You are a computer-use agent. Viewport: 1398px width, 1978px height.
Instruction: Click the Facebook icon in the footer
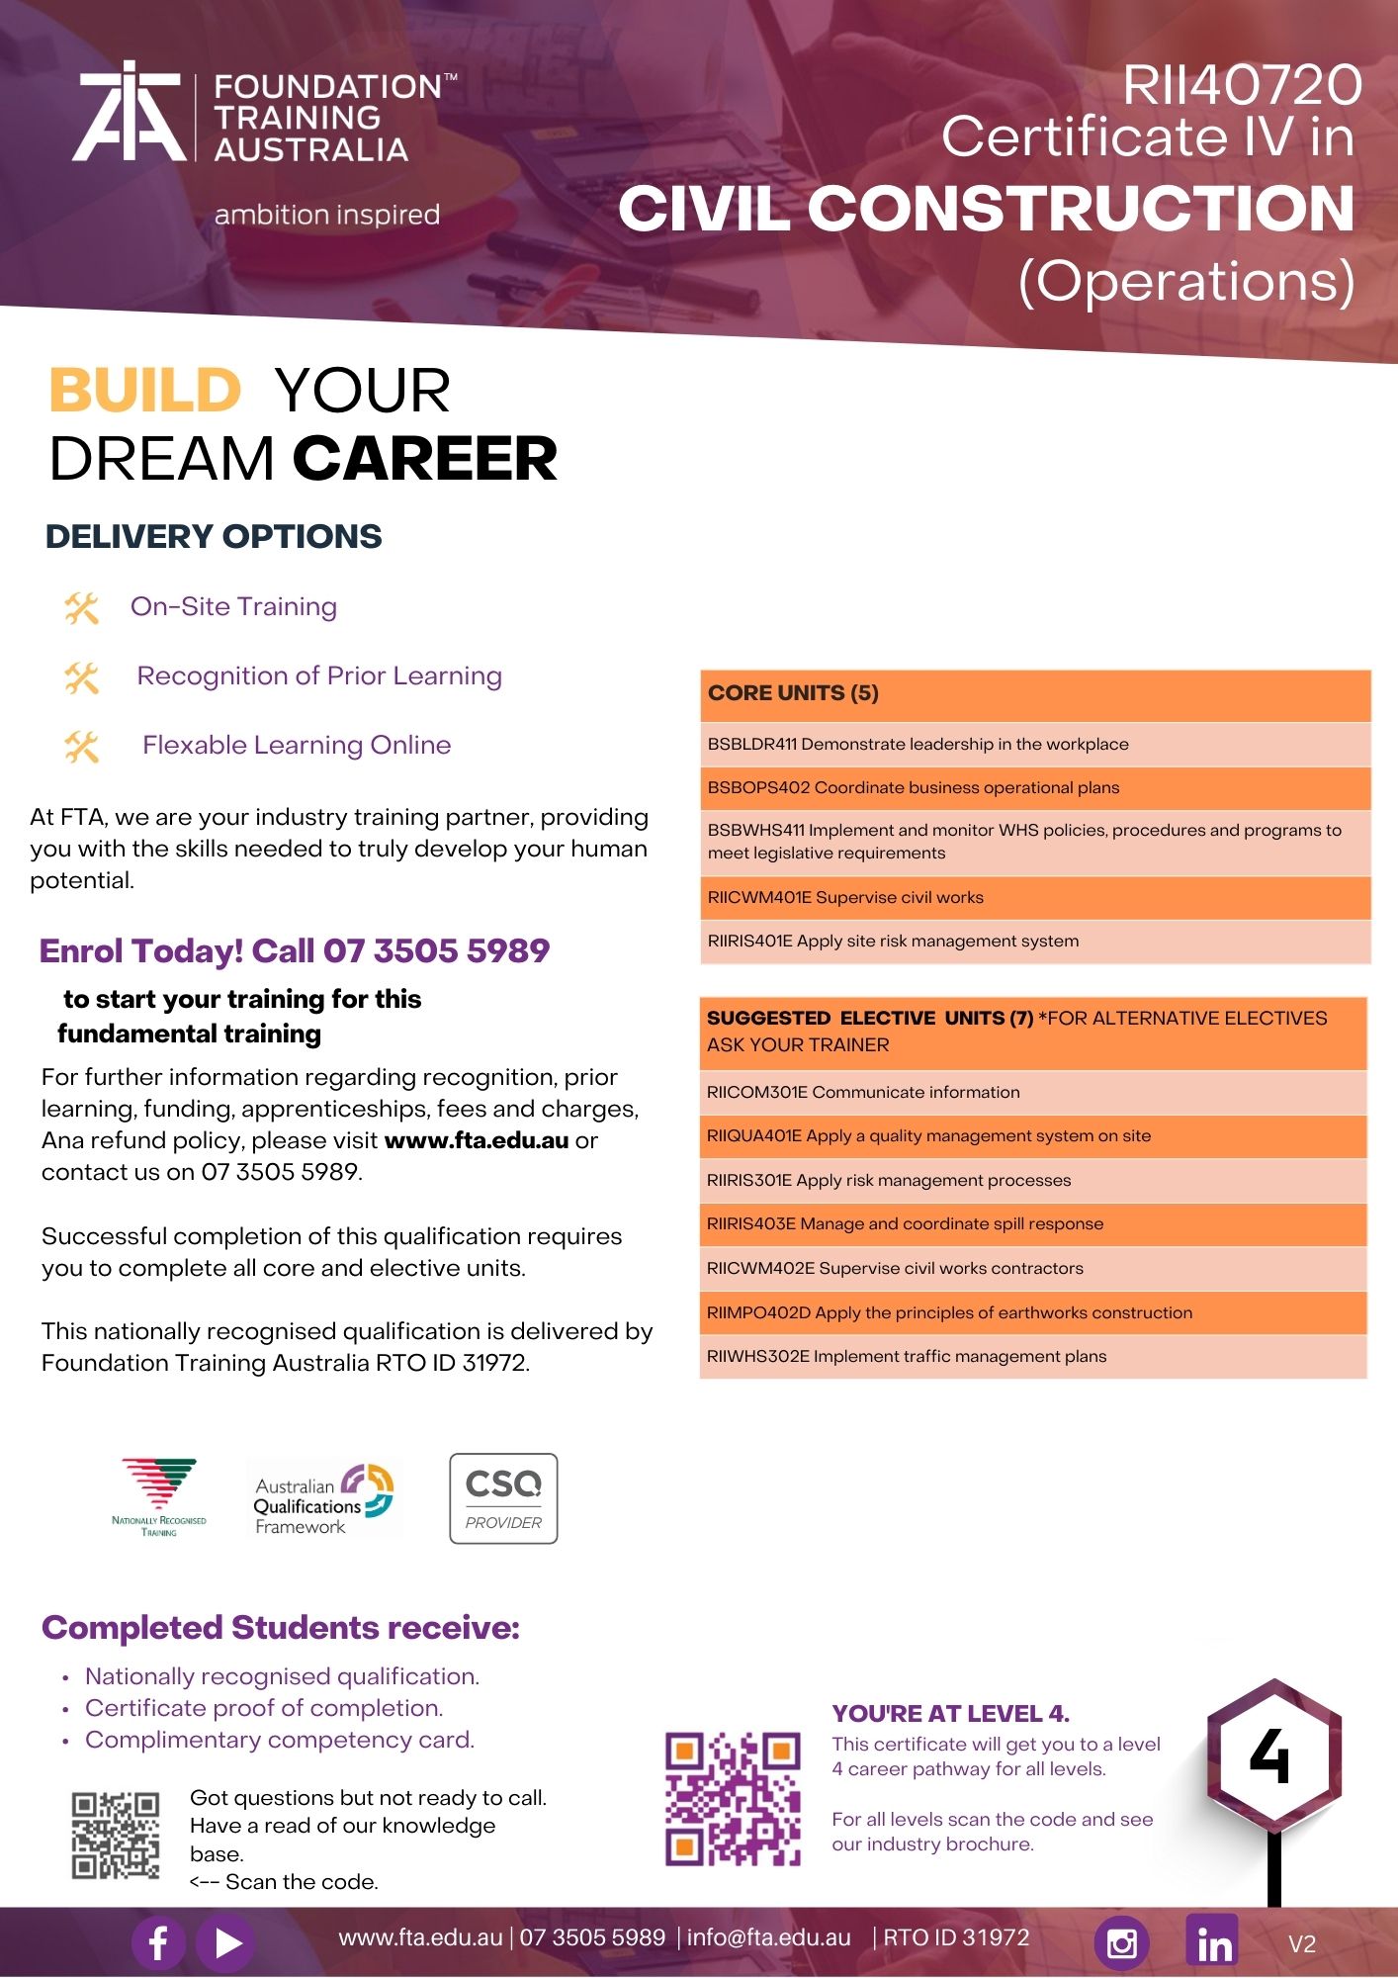158,1942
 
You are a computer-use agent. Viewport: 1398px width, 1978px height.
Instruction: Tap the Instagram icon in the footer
1121,1943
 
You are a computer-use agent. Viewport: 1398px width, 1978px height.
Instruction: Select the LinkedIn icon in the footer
1213,1940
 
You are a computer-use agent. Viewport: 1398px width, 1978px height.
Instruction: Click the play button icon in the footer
226,1943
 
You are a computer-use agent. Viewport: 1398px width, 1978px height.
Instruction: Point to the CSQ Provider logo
503,1498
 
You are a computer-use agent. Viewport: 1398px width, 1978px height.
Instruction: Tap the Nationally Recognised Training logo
159,1496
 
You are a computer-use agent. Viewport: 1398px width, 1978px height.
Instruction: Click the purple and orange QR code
733,1799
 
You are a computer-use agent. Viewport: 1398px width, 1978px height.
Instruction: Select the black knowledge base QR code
116,1836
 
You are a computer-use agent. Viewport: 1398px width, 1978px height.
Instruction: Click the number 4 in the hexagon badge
1270,1756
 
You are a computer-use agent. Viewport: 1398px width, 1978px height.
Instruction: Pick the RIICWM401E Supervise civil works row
1034,898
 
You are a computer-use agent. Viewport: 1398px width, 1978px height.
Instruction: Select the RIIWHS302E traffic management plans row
1032,1357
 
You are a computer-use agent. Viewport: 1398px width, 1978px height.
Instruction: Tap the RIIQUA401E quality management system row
1032,1136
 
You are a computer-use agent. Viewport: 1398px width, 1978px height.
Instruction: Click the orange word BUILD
145,391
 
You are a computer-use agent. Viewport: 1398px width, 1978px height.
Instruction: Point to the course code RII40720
1242,85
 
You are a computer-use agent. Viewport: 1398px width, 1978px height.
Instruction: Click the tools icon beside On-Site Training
82,608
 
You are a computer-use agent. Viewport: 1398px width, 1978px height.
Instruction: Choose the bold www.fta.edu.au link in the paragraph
477,1140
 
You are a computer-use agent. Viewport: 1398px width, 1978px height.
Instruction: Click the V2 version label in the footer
1302,1944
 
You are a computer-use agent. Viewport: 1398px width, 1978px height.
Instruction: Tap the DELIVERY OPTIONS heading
214,537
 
